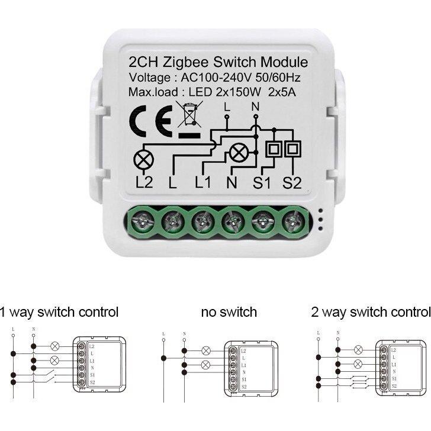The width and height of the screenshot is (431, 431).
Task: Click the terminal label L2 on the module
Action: (143, 182)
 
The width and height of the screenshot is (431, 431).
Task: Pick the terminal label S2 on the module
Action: (291, 182)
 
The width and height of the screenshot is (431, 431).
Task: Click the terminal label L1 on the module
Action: (202, 182)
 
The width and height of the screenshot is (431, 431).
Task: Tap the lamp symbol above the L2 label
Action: (143, 159)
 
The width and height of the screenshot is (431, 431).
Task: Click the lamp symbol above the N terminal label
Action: (239, 153)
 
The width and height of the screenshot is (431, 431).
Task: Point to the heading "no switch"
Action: (229, 311)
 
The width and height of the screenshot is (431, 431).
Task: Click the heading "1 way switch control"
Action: (59, 311)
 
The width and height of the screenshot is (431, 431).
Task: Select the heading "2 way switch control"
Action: (370, 311)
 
